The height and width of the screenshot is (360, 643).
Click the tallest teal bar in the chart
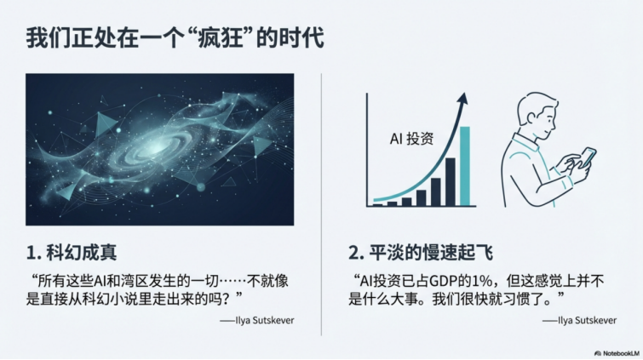(464, 166)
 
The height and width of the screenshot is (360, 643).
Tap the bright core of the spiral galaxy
(158, 145)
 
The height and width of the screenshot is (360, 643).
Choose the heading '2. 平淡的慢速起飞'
(421, 252)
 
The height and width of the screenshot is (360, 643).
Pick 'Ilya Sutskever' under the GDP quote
(579, 321)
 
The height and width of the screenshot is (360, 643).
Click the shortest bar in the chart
(377, 203)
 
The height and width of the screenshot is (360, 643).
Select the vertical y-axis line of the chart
(368, 149)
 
